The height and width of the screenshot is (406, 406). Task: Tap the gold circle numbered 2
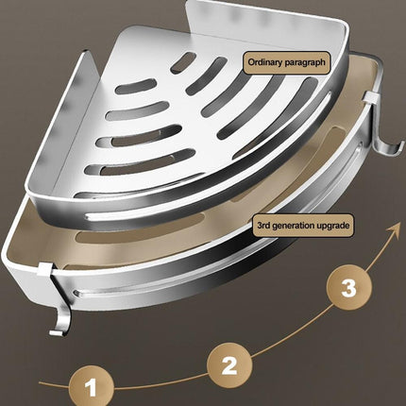pos(230,362)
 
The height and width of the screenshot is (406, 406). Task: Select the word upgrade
pos(336,227)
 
